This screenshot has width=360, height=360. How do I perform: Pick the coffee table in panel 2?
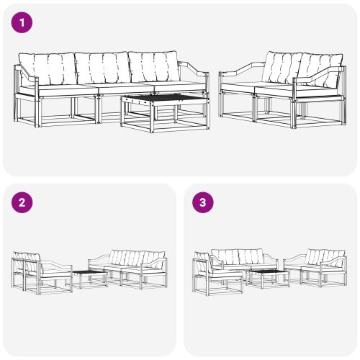89,278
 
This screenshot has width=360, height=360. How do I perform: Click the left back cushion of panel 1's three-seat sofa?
46,69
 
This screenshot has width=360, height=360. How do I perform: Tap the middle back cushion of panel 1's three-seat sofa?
102,69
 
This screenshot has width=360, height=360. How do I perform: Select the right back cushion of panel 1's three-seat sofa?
154,68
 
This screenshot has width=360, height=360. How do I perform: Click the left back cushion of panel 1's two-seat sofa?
282,68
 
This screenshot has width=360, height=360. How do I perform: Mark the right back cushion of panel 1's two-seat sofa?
318,70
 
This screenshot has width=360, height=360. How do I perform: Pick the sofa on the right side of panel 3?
317,266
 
